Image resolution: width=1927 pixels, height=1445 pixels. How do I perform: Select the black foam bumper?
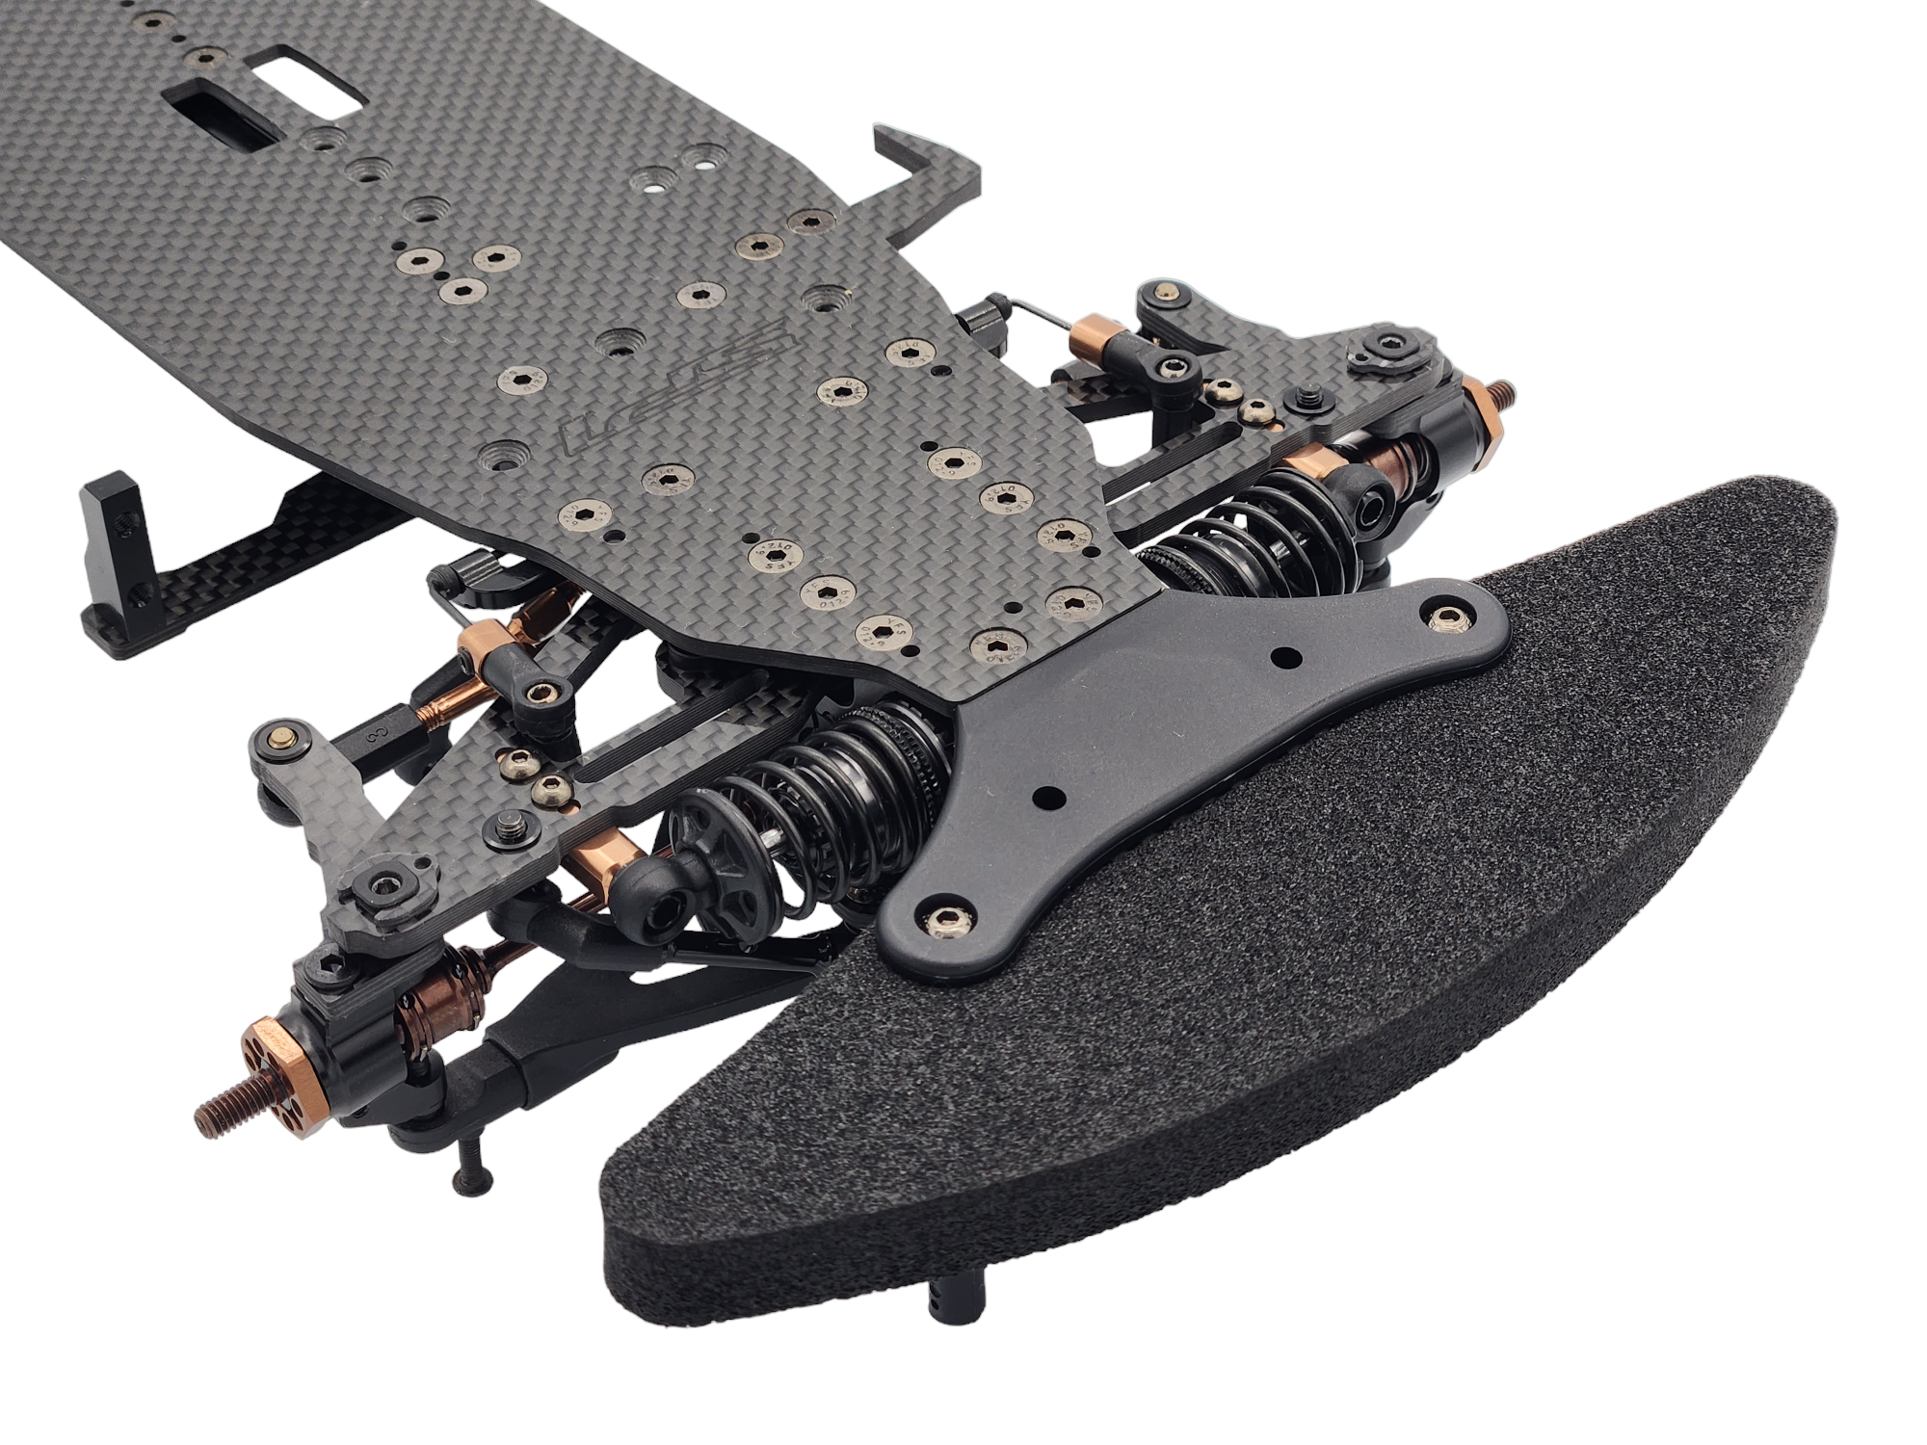click(x=1204, y=1011)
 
